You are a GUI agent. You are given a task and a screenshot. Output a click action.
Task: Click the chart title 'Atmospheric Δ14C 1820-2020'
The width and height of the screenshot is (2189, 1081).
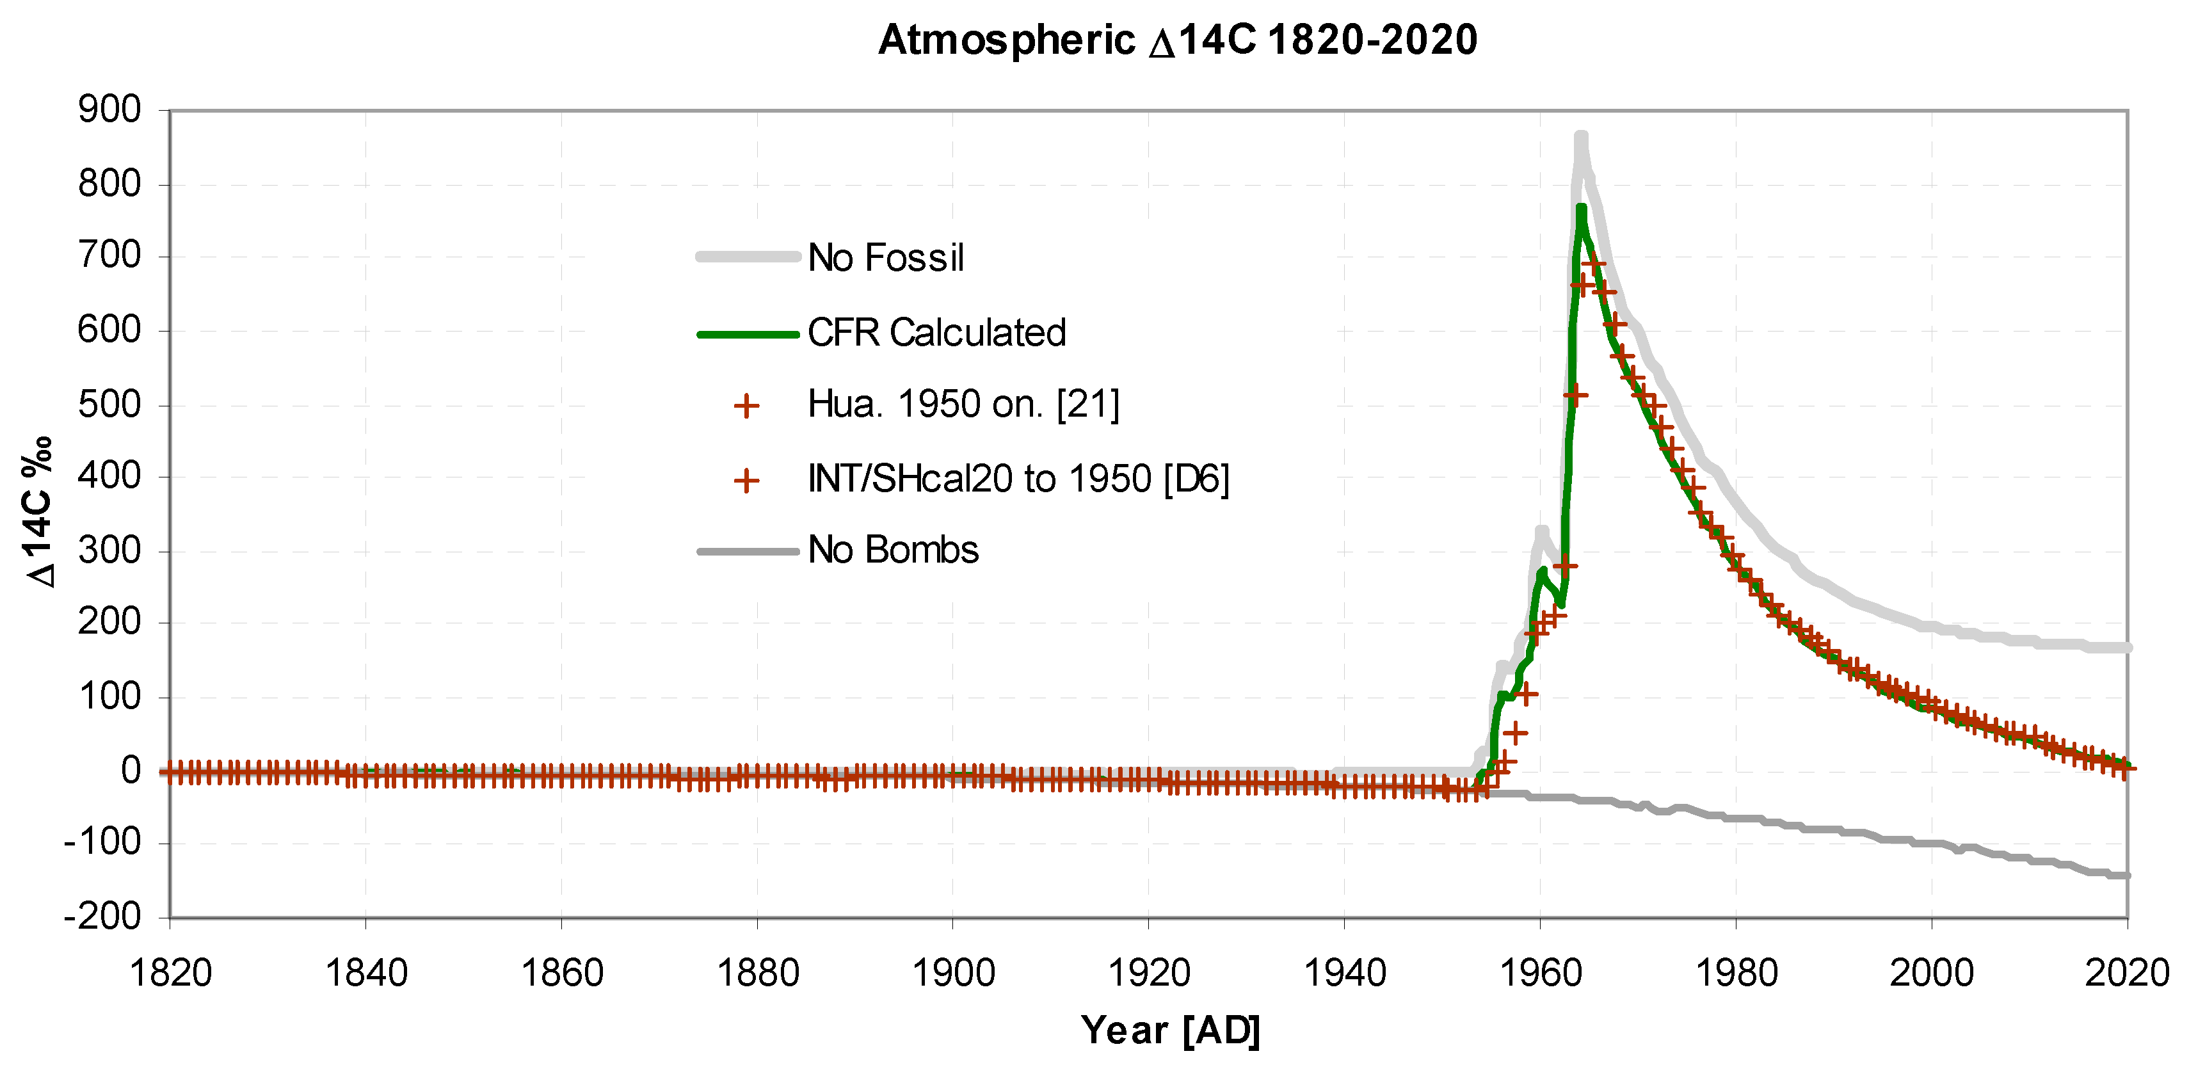pos(1178,40)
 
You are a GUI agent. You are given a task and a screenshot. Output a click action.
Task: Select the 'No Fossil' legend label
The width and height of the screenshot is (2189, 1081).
pos(885,257)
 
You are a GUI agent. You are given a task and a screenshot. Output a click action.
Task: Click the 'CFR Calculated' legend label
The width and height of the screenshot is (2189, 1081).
pos(936,332)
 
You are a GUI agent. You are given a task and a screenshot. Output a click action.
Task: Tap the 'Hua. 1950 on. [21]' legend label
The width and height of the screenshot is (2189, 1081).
pos(963,404)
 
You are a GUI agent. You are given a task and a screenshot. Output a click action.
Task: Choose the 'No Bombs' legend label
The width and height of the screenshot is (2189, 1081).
pos(892,550)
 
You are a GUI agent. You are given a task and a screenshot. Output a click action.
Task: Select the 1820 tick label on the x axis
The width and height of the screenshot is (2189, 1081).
pos(170,973)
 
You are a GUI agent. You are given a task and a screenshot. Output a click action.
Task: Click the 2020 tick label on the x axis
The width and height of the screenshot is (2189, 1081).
pos(2126,973)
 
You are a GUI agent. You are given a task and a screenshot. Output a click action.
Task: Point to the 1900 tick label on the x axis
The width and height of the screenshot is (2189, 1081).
pos(952,973)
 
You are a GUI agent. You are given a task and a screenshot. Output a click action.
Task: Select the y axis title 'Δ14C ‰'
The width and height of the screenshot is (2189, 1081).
pos(40,513)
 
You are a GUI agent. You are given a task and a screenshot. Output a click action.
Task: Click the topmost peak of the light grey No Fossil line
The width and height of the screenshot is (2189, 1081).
pos(1580,136)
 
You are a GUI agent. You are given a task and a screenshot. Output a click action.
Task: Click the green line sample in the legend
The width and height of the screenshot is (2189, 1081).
pos(747,334)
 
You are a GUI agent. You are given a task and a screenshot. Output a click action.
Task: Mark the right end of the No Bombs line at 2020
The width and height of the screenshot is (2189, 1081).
pos(2126,876)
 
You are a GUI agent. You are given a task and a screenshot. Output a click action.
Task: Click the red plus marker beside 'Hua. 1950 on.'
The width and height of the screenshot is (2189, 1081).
pos(746,406)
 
